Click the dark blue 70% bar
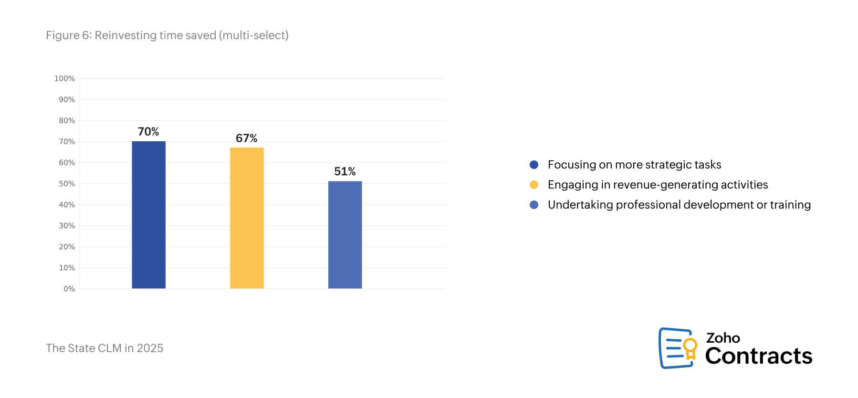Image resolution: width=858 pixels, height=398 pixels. [148, 215]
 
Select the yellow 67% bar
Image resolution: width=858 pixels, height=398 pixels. [247, 218]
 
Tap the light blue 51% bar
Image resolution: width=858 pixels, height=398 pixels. [345, 235]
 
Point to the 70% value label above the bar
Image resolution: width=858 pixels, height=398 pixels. [148, 132]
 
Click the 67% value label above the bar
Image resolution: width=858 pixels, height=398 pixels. [247, 138]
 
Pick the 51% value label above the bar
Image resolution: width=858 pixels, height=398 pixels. [345, 172]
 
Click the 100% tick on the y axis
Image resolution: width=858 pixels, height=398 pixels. [64, 79]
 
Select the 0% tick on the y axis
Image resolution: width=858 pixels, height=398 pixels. [69, 289]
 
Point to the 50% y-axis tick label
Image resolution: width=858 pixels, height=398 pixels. [67, 184]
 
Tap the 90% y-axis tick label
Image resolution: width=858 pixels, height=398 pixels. [67, 100]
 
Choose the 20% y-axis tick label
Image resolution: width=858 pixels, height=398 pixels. [67, 247]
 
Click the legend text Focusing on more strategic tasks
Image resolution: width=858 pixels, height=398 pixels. [634, 165]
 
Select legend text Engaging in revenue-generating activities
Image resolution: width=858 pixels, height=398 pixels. [658, 185]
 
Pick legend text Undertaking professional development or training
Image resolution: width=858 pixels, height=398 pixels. [679, 205]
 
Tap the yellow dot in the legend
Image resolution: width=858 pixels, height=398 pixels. [534, 185]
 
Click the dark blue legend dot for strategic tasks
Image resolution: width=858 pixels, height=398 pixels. [534, 165]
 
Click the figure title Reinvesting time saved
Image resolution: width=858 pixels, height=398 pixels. [167, 35]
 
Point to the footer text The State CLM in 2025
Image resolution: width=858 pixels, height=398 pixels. [105, 348]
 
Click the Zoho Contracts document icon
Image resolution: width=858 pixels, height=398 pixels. [677, 348]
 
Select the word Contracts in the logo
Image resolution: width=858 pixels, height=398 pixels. [758, 356]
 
